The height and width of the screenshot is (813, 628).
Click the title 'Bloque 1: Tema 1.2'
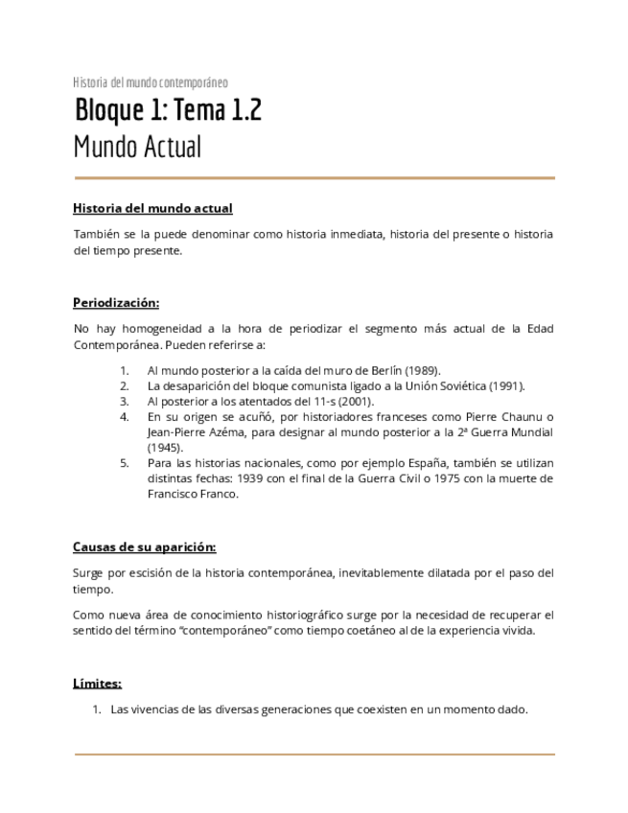(x=168, y=112)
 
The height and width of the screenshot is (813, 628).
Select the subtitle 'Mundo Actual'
(x=137, y=149)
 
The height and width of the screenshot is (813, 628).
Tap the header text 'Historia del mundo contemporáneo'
(x=151, y=82)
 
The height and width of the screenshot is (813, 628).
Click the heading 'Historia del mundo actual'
(x=152, y=208)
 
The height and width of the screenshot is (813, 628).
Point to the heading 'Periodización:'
(x=116, y=302)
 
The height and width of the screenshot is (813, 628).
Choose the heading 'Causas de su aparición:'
(x=144, y=547)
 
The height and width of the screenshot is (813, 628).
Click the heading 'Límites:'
(x=97, y=684)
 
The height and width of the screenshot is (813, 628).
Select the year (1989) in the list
(x=422, y=371)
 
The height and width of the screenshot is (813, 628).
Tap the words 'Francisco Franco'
(x=192, y=494)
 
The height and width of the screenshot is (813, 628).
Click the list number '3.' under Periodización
(x=125, y=402)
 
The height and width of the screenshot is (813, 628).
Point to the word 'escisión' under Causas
(x=139, y=573)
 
